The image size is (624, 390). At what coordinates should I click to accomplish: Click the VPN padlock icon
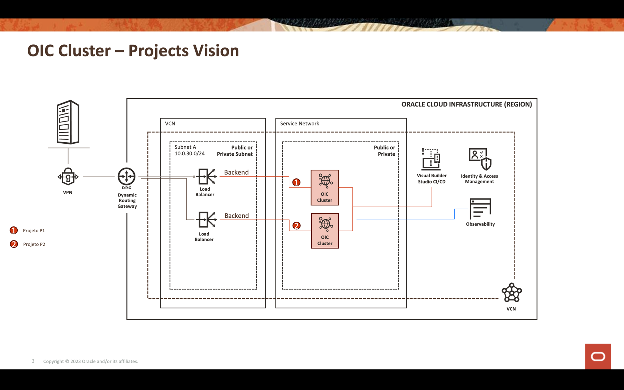[x=68, y=177]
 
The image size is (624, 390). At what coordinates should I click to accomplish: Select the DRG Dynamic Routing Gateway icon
[x=126, y=177]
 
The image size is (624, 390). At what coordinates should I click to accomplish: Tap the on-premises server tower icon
[x=68, y=122]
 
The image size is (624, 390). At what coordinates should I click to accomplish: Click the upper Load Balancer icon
[x=206, y=177]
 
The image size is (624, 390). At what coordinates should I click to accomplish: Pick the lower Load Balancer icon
[x=206, y=220]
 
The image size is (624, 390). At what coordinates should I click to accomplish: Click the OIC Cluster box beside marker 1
[x=325, y=187]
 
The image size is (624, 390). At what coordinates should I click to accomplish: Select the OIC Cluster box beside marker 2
[x=325, y=231]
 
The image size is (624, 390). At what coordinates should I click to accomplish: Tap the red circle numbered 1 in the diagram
[x=296, y=182]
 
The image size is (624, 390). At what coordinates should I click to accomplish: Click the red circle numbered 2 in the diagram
[x=296, y=226]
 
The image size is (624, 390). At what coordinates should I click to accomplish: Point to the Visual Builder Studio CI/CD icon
[x=431, y=159]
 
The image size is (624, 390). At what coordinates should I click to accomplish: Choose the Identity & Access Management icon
[x=480, y=159]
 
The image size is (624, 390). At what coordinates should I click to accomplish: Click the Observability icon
[x=480, y=208]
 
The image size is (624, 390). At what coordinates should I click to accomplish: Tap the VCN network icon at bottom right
[x=511, y=292]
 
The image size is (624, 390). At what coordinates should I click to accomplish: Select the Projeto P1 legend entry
[x=34, y=230]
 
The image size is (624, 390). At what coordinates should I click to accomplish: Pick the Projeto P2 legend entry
[x=34, y=244]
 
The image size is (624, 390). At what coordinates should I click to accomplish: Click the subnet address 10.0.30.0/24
[x=190, y=153]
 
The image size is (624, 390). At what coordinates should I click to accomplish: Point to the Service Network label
[x=299, y=123]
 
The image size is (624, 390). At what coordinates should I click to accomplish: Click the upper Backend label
[x=236, y=172]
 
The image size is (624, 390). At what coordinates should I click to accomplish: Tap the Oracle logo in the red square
[x=598, y=356]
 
